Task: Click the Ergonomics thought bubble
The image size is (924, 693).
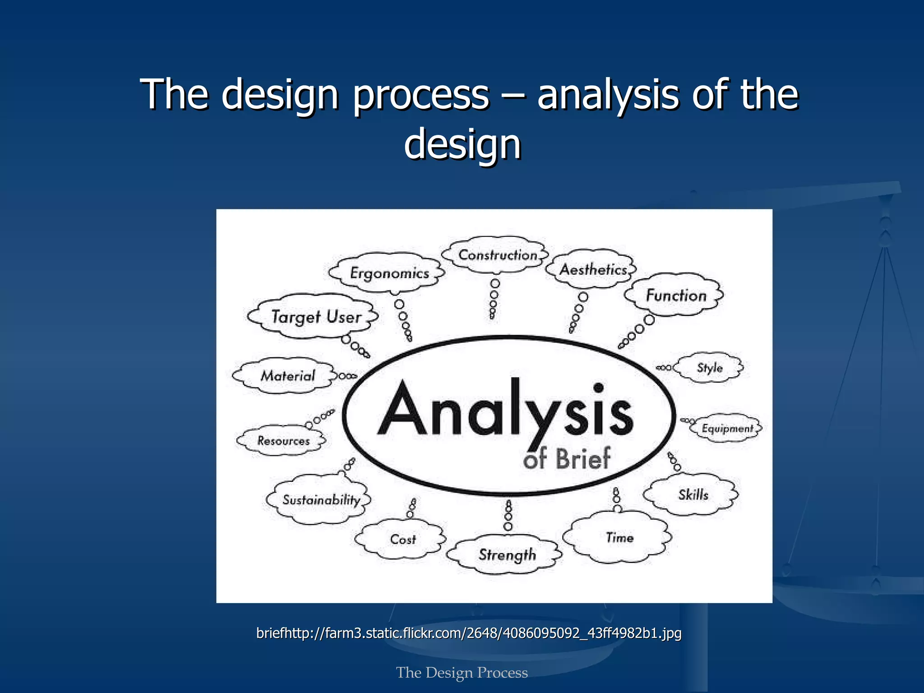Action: coord(389,273)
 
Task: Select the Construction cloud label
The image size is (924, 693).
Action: coord(498,255)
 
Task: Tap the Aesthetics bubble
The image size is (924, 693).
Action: coord(593,269)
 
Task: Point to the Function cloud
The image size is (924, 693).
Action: coord(676,296)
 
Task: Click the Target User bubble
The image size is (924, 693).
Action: coord(316,317)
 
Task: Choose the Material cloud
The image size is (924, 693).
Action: coord(287,375)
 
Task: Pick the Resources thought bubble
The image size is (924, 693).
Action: coord(283,440)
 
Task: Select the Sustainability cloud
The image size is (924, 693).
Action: coord(321,499)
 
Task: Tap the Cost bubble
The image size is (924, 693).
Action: coord(402,539)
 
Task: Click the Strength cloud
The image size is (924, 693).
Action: coord(507,554)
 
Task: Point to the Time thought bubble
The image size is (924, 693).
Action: coord(619,537)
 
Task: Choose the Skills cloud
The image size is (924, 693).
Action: coord(693,494)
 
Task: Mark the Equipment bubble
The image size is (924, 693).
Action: coord(727,428)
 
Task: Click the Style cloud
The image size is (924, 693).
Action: coord(709,368)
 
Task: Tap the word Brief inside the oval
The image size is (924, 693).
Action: coord(582,459)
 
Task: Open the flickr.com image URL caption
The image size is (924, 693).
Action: coord(469,633)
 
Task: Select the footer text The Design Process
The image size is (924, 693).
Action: coord(462,672)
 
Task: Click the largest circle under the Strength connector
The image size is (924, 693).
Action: coord(508,526)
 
